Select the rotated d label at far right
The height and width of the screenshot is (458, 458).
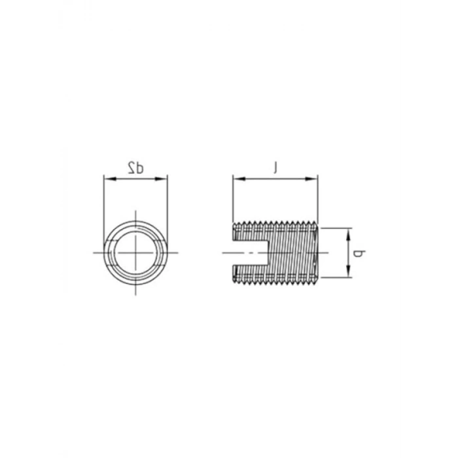coord(359,253)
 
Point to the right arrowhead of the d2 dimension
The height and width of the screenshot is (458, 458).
coord(165,177)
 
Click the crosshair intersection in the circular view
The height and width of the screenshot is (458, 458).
coord(136,252)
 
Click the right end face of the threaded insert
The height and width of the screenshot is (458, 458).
coord(317,253)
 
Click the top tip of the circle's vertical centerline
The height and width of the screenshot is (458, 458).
coord(136,211)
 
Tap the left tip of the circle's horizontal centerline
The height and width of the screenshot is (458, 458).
coord(94,252)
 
